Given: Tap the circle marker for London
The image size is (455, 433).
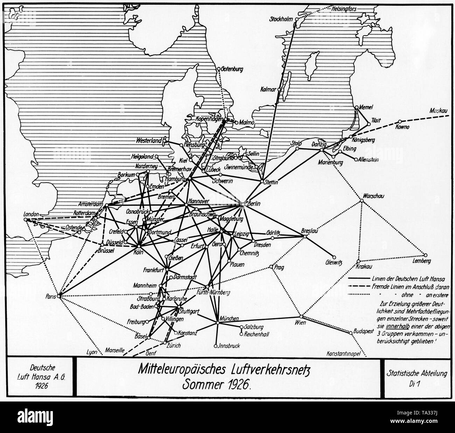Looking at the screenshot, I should click(26, 219).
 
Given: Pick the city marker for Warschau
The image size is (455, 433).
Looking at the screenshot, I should click(362, 201).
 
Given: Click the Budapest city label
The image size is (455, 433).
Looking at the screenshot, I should click(364, 330).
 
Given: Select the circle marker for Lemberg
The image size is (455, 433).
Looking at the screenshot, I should click(426, 255).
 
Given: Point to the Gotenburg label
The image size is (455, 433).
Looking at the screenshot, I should click(232, 69).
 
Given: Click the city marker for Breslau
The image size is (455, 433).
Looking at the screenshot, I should click(305, 237).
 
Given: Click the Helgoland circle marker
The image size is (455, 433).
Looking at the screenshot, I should click(157, 156).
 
